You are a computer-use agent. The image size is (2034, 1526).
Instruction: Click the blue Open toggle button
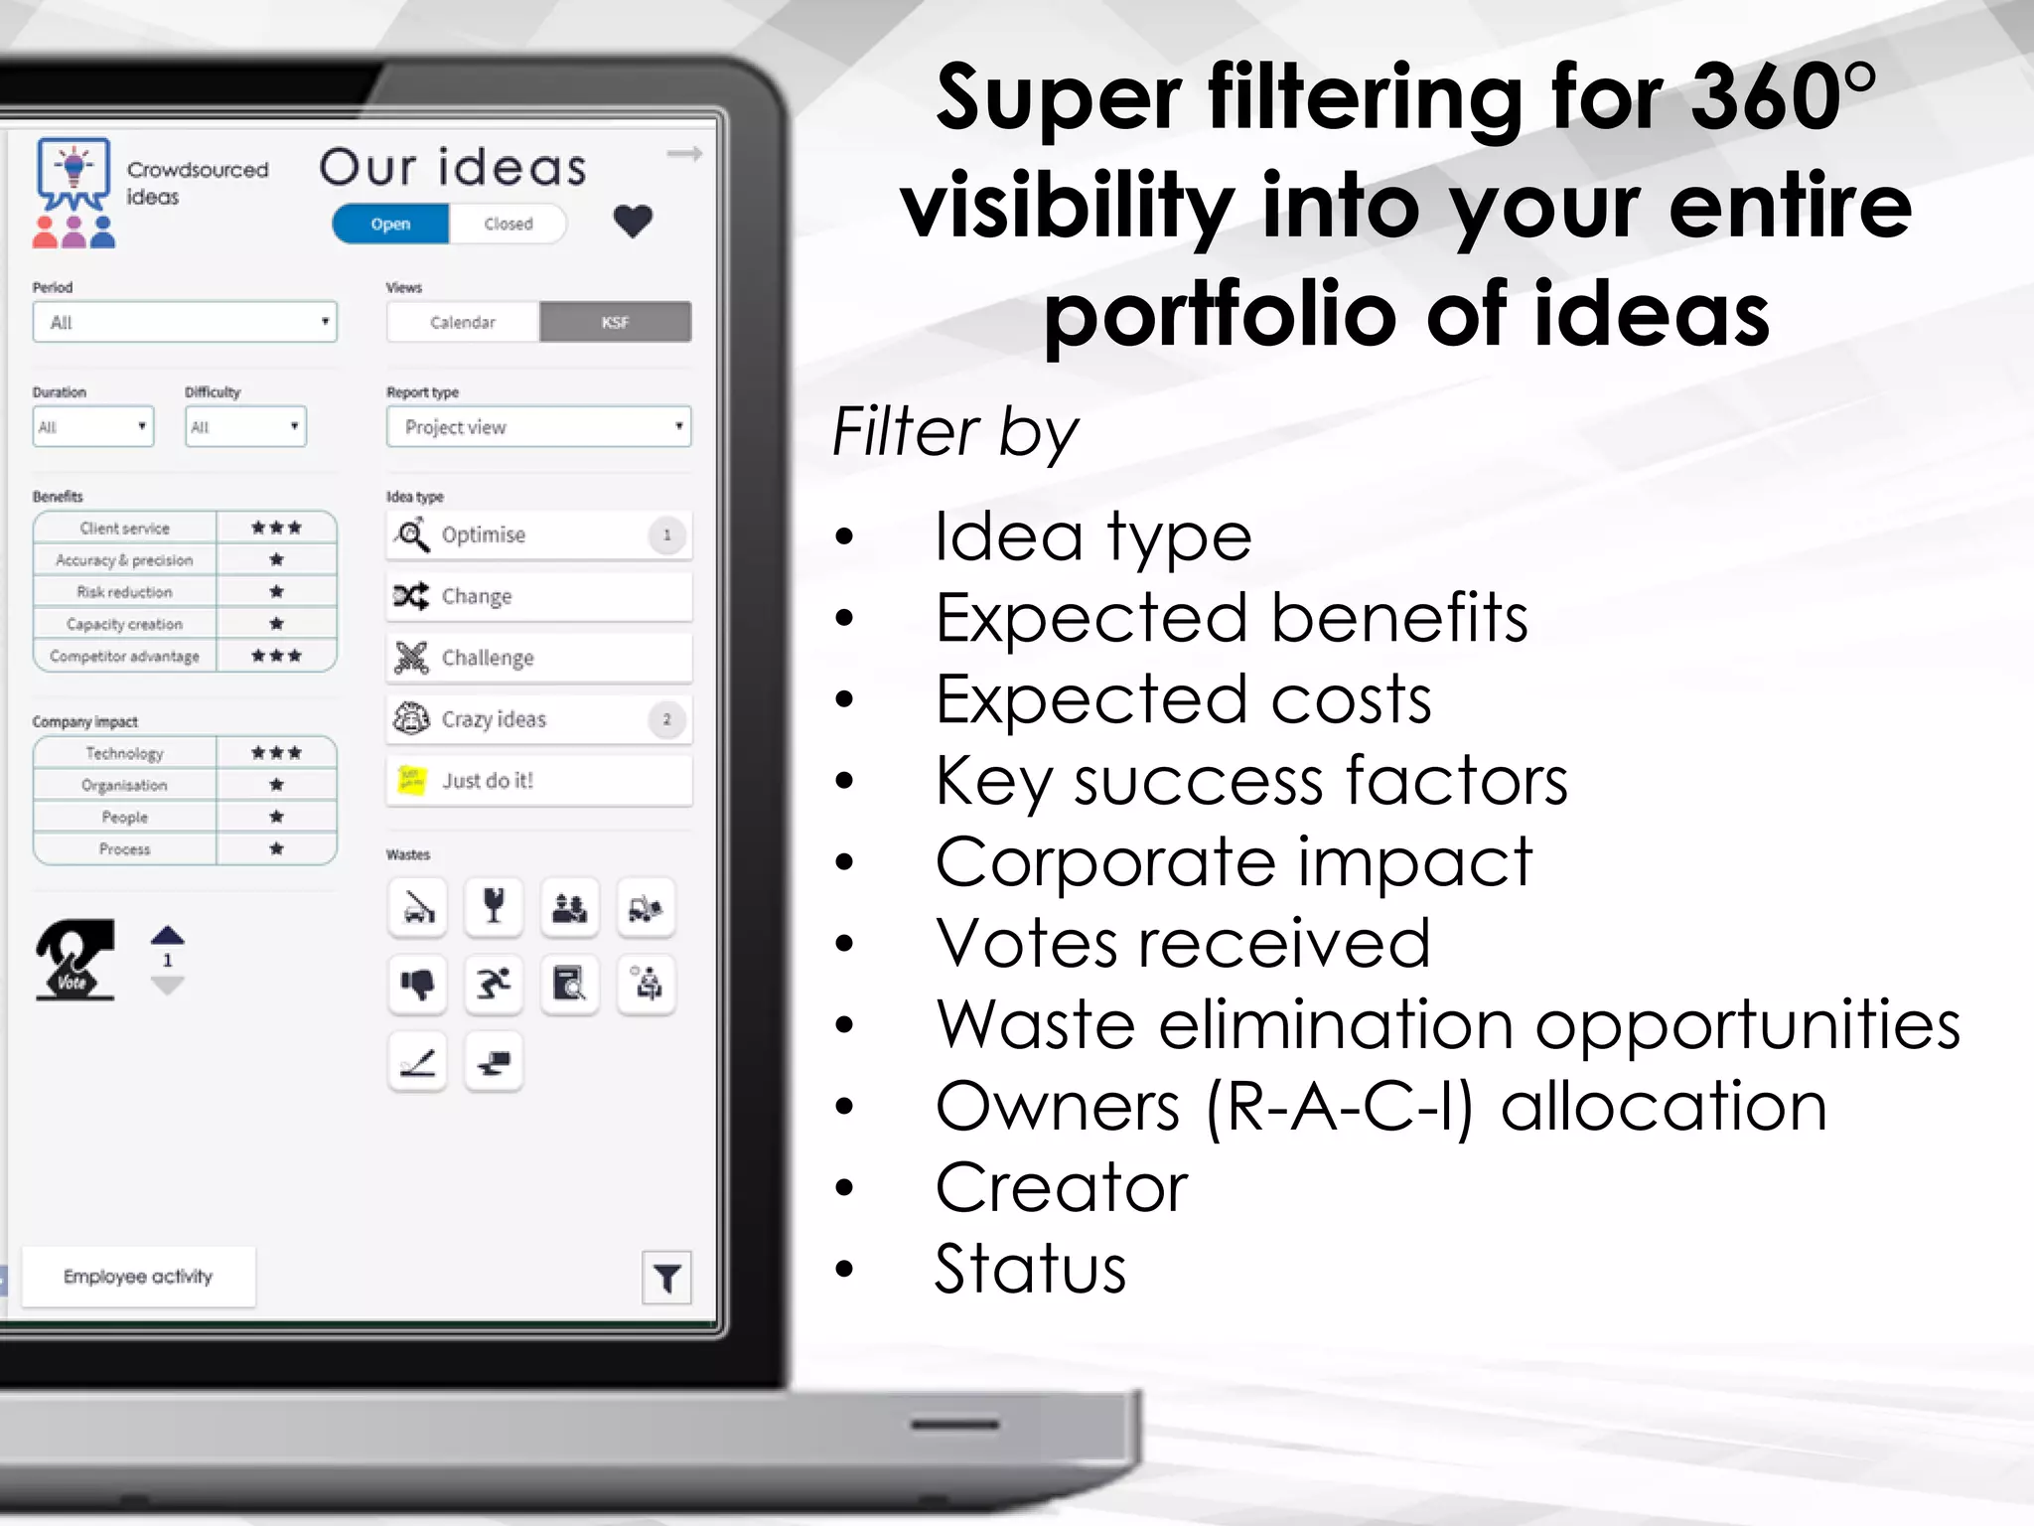click(390, 225)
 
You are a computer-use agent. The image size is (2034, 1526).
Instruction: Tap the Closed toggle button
click(508, 225)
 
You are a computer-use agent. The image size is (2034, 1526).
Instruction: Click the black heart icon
click(633, 221)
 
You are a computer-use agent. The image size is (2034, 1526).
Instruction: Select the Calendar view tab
click(463, 322)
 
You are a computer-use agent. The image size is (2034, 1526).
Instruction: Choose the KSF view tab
click(615, 322)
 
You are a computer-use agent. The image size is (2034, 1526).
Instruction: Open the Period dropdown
click(185, 322)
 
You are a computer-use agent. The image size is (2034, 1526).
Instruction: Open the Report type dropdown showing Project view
click(538, 427)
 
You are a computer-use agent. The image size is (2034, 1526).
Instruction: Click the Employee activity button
click(138, 1277)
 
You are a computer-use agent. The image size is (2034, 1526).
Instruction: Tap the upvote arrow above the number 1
click(168, 935)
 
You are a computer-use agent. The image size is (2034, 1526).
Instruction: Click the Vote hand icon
click(74, 960)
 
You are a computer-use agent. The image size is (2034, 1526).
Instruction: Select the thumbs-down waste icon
click(417, 985)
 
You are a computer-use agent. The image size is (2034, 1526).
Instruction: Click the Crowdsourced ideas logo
click(73, 192)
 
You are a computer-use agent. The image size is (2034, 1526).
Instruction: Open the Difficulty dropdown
click(245, 427)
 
